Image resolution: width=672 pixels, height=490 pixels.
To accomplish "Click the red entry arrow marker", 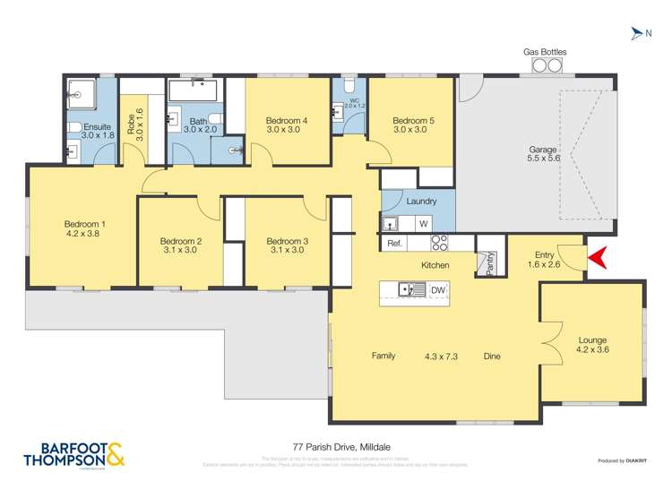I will pos(599,258).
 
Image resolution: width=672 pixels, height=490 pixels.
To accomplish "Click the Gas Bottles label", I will pos(545,52).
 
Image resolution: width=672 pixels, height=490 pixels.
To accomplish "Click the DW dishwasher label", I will pos(438,290).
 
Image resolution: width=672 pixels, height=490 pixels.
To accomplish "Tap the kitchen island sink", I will pos(411,290).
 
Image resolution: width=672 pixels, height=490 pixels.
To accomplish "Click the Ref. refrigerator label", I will pos(393,244).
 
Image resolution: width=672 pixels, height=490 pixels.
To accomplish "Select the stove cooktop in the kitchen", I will pos(440,243).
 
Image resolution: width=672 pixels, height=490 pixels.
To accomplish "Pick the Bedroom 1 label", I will pos(84,224).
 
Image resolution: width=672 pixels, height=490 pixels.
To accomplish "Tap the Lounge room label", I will pos(592,340).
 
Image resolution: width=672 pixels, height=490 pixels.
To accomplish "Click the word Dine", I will pos(492,356).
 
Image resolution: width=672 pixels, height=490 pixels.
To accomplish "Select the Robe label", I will pos(131,122).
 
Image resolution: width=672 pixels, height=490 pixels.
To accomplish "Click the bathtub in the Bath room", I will pos(194,92).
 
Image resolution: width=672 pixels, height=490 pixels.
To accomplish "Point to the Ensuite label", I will pos(97,127).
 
